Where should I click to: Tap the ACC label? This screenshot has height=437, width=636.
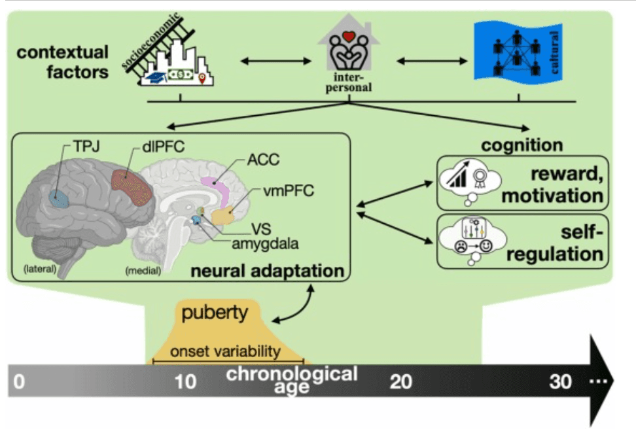click(262, 160)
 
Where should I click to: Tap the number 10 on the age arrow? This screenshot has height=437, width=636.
click(186, 381)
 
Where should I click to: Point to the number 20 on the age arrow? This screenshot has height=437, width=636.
click(401, 381)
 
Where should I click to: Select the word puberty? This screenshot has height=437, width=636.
click(215, 313)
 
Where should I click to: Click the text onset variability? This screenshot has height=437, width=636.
click(226, 351)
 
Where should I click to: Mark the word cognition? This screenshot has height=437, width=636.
click(522, 145)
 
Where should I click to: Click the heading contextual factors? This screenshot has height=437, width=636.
click(77, 63)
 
